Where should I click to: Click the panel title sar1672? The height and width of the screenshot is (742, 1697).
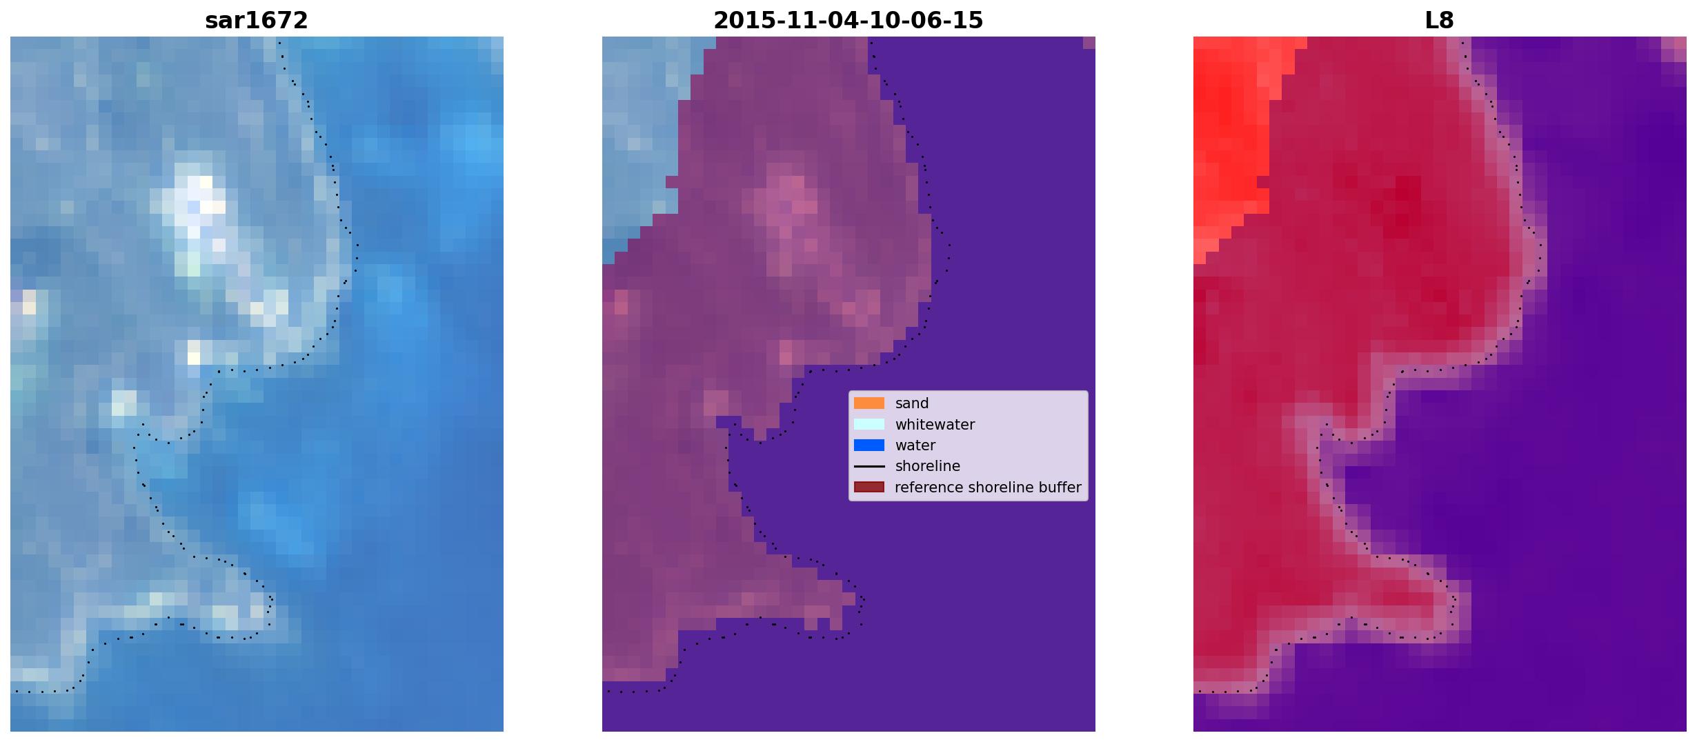pos(257,21)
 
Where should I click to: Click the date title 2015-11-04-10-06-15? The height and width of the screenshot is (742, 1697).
pos(848,21)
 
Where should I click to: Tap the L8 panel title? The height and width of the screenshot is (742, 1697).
pos(1439,21)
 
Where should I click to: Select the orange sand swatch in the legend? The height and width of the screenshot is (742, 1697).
pos(869,403)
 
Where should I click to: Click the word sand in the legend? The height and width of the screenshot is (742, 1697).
pos(912,403)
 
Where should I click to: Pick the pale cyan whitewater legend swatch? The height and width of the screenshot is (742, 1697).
pos(869,424)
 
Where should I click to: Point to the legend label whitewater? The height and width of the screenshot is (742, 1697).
pos(935,425)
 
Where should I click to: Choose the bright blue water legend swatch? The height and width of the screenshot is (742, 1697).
pos(869,445)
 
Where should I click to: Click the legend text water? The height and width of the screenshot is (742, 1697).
pos(915,445)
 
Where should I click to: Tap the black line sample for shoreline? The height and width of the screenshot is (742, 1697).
pos(869,466)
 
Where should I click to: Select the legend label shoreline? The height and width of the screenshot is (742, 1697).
pos(928,466)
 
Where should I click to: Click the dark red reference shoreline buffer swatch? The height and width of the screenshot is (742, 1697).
pos(869,487)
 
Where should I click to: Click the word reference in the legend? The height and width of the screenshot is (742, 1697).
pos(928,487)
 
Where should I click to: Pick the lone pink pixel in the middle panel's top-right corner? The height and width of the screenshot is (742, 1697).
pos(1089,43)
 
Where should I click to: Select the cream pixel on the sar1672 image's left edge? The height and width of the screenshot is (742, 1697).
pos(29,302)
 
